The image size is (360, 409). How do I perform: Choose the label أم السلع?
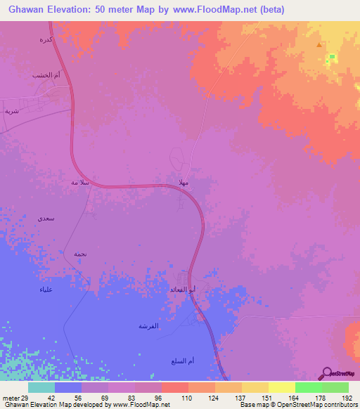(182, 361)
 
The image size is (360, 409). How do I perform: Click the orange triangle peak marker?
(321, 45)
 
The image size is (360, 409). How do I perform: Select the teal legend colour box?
(41, 387)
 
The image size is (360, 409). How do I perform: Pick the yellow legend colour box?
(281, 387)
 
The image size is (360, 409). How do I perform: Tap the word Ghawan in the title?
(22, 11)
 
